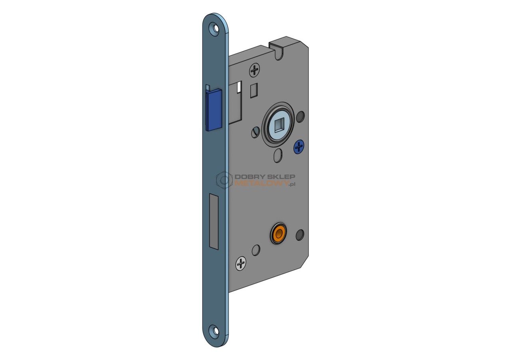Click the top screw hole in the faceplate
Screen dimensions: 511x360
[215, 29]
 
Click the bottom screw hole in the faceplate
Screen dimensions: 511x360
[215, 331]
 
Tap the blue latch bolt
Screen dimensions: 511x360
[214, 110]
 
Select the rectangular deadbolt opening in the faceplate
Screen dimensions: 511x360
[214, 222]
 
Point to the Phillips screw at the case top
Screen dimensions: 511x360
[254, 70]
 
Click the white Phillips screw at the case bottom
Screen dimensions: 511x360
[241, 264]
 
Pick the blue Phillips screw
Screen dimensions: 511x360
[299, 146]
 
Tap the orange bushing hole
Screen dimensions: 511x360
[278, 234]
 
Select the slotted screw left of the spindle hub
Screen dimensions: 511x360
[255, 132]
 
